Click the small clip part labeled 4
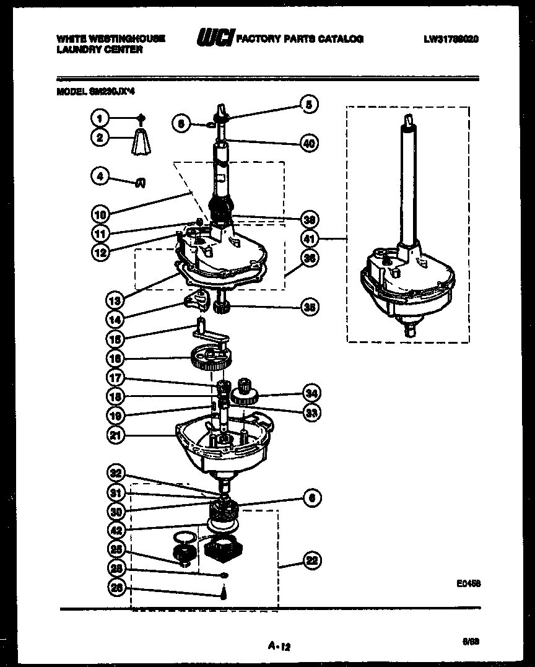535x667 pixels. [x=141, y=182]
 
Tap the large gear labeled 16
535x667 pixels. [x=211, y=359]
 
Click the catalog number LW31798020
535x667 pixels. [x=451, y=39]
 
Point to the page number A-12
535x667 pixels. [x=279, y=647]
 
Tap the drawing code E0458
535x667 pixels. [x=469, y=583]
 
